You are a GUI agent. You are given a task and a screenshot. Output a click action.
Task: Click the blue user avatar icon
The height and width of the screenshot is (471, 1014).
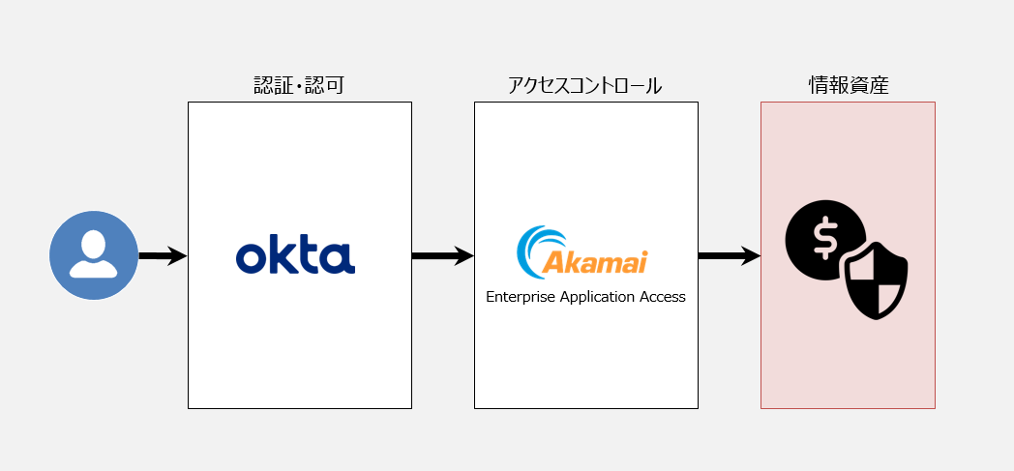94,255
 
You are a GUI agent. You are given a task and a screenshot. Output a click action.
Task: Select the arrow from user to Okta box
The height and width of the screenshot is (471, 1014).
162,256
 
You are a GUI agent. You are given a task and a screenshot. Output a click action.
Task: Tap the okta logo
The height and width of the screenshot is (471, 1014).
295,256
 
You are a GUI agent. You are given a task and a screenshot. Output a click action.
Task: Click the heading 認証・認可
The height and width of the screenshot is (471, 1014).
299,86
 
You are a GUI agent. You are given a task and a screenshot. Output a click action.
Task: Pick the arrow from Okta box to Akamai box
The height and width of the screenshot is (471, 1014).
442,256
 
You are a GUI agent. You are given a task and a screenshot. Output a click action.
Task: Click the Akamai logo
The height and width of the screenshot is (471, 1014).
582,250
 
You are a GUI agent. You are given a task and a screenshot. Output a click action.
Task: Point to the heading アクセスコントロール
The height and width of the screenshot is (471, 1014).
584,86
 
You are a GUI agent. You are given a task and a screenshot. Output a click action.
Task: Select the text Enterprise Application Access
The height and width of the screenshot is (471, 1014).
585,297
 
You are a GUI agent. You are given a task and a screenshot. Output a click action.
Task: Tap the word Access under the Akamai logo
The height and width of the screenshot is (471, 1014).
662,297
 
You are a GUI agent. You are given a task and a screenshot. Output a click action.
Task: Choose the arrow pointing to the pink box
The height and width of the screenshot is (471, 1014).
729,256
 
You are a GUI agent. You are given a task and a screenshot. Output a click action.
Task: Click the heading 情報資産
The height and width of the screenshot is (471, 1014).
848,86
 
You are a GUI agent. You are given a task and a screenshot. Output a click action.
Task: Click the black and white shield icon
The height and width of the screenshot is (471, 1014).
876,280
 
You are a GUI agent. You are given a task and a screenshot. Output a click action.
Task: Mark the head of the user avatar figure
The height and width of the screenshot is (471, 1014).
94,244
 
